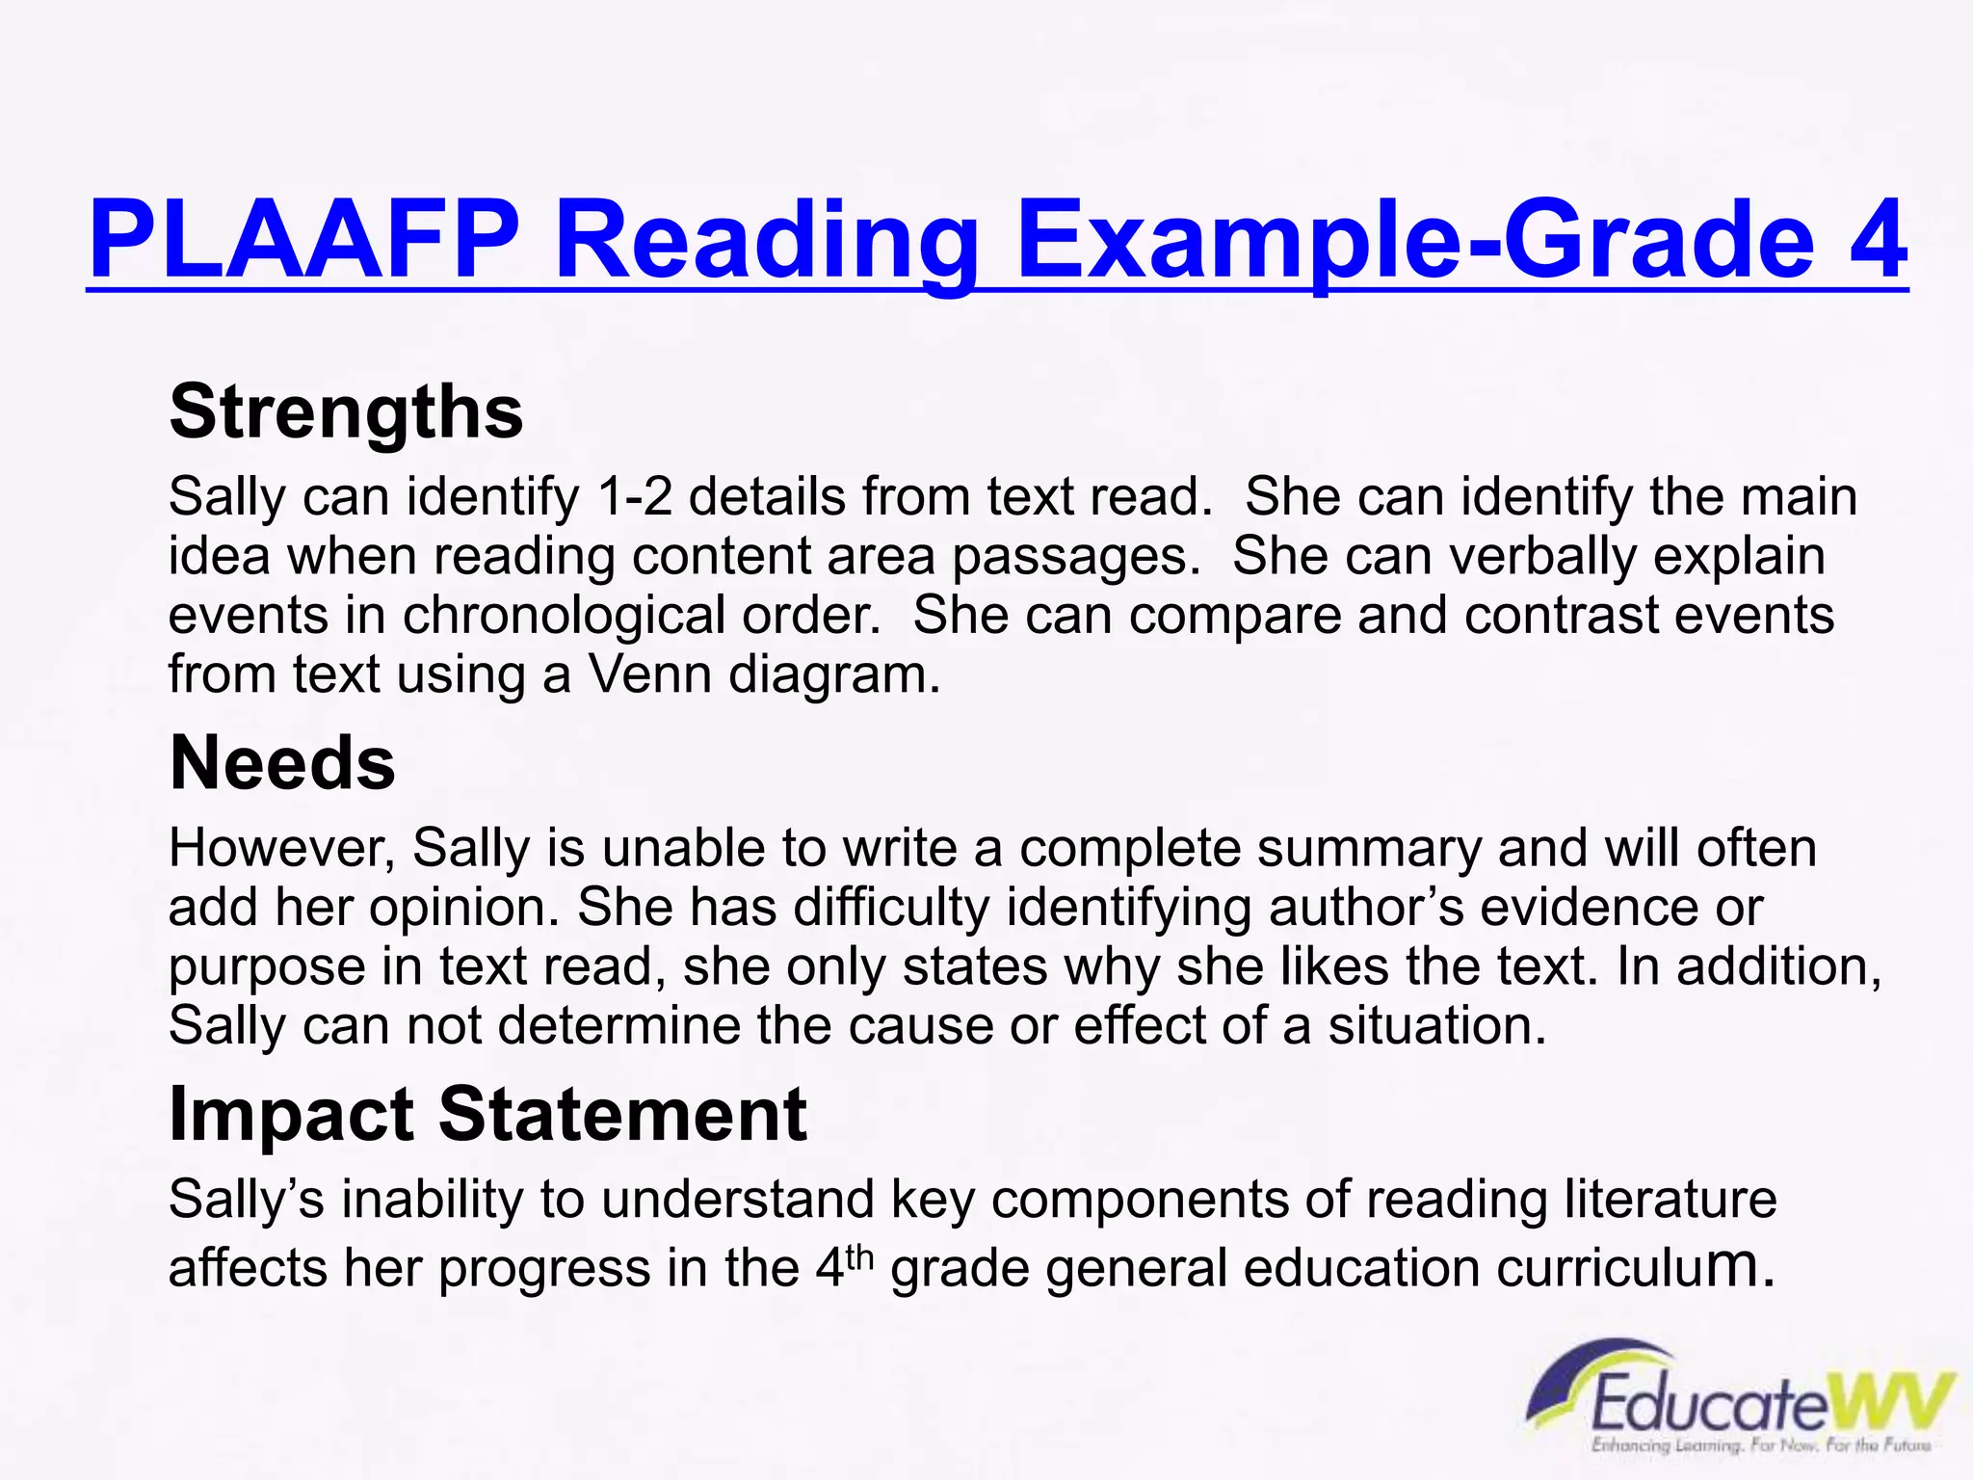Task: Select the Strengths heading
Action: (346, 412)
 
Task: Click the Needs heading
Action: (282, 763)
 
